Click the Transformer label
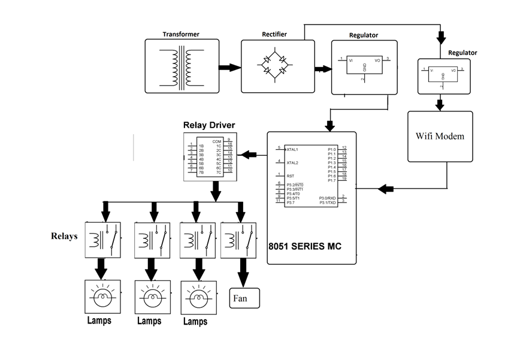point(180,34)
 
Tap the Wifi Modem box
point(440,136)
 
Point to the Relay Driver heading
point(208,125)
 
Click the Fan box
point(244,297)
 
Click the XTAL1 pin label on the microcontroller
point(292,149)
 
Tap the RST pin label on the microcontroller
point(290,176)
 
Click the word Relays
point(64,236)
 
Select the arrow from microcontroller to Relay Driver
point(250,155)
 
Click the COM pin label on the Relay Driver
point(216,141)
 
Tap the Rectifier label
point(274,34)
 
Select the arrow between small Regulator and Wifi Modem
point(440,104)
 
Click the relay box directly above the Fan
point(238,240)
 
